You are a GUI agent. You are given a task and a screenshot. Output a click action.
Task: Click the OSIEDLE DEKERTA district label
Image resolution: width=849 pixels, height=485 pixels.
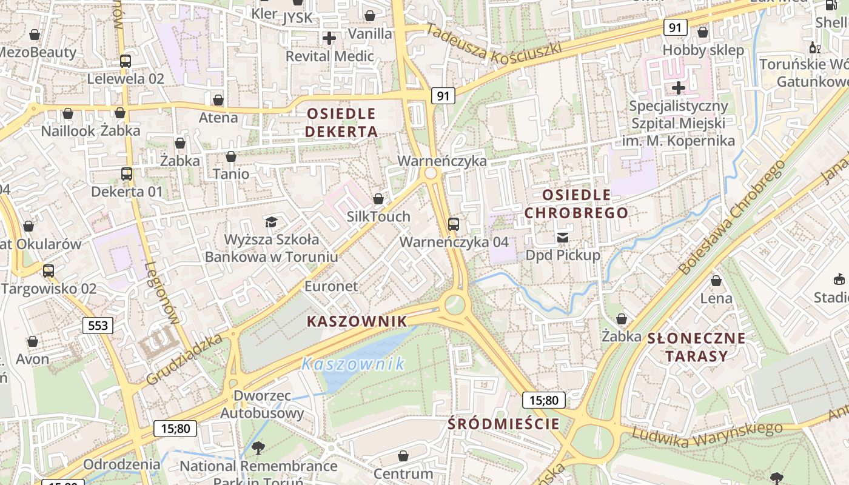click(x=341, y=122)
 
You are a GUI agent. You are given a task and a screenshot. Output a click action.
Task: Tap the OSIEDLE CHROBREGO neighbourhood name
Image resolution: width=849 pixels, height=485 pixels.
click(x=576, y=204)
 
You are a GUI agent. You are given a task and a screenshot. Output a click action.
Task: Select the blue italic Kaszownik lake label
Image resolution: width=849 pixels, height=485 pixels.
click(x=353, y=364)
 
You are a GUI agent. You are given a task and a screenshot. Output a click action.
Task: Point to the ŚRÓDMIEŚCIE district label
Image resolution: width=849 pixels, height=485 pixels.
click(x=503, y=423)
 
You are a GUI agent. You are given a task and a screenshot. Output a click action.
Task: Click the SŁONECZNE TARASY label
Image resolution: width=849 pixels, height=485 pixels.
click(x=696, y=347)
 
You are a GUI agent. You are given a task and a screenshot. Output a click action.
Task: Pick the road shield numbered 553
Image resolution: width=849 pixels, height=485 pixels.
click(x=98, y=326)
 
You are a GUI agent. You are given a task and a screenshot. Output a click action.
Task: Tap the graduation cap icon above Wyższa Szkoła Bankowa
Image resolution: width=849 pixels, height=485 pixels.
click(x=270, y=222)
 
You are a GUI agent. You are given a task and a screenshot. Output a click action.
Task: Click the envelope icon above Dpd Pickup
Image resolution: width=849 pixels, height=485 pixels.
click(x=563, y=238)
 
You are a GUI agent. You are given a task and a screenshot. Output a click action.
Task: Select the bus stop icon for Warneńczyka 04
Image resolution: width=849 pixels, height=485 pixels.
click(x=454, y=224)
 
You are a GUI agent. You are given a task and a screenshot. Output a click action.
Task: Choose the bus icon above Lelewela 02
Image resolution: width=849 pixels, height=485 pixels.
click(x=126, y=61)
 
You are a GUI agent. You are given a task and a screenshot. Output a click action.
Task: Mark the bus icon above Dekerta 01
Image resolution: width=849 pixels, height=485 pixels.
click(x=127, y=174)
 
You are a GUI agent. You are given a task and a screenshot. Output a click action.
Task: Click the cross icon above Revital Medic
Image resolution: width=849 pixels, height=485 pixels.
click(x=329, y=39)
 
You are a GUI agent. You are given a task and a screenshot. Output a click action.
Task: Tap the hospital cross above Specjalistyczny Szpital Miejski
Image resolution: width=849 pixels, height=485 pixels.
click(x=678, y=89)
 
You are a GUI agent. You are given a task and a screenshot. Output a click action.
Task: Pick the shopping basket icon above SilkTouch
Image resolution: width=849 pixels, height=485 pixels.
click(x=378, y=199)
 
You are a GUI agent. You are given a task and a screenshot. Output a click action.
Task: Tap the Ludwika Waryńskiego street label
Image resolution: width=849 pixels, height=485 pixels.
click(x=706, y=436)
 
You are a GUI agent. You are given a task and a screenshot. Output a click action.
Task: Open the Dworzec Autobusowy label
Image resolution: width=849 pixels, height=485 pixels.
click(x=262, y=404)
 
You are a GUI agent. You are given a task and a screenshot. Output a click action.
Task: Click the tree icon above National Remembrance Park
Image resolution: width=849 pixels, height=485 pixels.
click(x=258, y=449)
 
